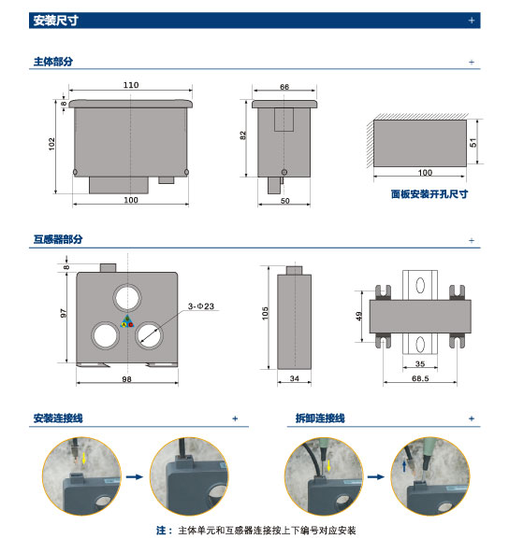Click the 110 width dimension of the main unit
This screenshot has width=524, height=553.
131,85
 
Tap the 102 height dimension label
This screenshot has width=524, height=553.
52,144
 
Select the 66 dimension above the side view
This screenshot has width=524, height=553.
284,86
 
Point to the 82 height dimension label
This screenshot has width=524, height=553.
242,135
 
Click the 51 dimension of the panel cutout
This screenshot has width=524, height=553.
473,143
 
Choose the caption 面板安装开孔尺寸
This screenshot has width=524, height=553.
429,194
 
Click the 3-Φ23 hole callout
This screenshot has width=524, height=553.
201,306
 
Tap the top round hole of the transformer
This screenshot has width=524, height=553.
127,298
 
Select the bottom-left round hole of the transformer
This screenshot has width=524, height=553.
106,335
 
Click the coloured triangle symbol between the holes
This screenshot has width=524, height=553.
127,321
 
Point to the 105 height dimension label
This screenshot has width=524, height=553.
266,313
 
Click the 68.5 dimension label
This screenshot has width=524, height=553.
420,378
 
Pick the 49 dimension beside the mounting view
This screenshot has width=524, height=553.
359,316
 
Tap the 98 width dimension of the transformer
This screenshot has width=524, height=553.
126,379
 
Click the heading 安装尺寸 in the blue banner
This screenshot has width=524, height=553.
56,21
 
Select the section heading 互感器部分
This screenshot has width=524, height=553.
58,239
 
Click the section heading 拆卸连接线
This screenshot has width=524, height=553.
320,418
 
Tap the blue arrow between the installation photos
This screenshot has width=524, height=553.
135,476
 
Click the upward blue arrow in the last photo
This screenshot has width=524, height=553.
404,466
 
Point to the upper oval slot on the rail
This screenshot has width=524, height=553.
420,285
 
